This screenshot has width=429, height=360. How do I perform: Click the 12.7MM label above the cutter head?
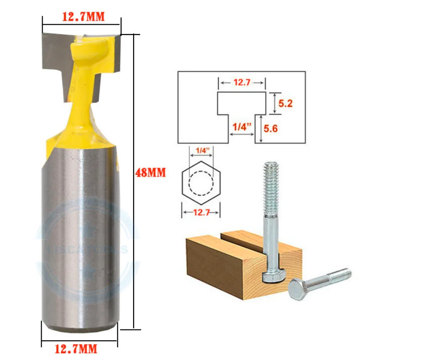tap(83, 17)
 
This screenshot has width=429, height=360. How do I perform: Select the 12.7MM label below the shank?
tap(76, 348)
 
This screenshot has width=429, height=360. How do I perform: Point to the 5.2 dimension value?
tap(285, 104)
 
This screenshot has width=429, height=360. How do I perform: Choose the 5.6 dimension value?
tap(271, 129)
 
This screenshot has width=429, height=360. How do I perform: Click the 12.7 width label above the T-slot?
tap(242, 82)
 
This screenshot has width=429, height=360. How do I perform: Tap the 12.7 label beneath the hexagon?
tap(201, 213)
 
